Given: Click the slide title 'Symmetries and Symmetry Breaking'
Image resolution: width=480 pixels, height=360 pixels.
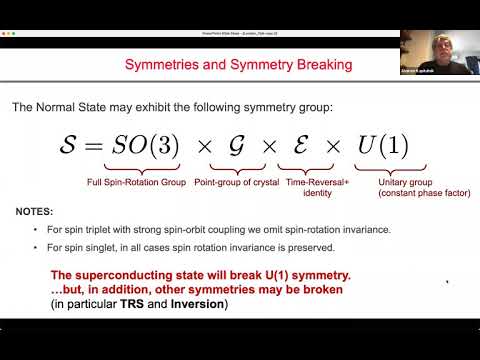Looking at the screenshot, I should pyautogui.click(x=237, y=66).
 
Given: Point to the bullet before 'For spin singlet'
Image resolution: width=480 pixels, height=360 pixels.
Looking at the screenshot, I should pyautogui.click(x=36, y=246).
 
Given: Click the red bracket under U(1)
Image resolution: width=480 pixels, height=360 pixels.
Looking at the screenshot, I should pyautogui.click(x=384, y=171).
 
